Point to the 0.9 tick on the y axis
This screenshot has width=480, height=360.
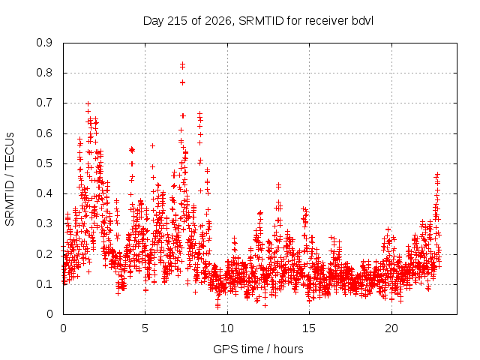(x=45, y=43)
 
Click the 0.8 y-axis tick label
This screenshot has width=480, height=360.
(x=45, y=73)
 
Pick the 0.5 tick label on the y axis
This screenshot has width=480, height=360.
(x=45, y=163)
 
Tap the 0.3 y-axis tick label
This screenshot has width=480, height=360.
(x=45, y=223)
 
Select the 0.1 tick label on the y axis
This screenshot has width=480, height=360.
(x=45, y=284)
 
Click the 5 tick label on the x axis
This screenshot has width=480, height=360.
(x=145, y=328)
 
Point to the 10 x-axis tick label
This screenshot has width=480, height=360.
(x=227, y=328)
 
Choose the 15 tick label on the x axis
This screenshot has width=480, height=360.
(x=309, y=328)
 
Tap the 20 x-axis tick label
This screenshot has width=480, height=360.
(x=391, y=328)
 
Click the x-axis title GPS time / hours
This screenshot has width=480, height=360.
(x=258, y=349)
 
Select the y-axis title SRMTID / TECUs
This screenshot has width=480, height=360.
(x=10, y=179)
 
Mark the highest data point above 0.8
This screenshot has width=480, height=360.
(x=182, y=64)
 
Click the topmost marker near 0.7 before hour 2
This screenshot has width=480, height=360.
(x=88, y=103)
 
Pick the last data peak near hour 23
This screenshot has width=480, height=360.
(x=438, y=174)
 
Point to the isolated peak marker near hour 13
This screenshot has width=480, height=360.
(x=278, y=185)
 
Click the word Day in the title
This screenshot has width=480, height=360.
(x=153, y=21)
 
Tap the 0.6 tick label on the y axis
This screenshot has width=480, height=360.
(x=45, y=133)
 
